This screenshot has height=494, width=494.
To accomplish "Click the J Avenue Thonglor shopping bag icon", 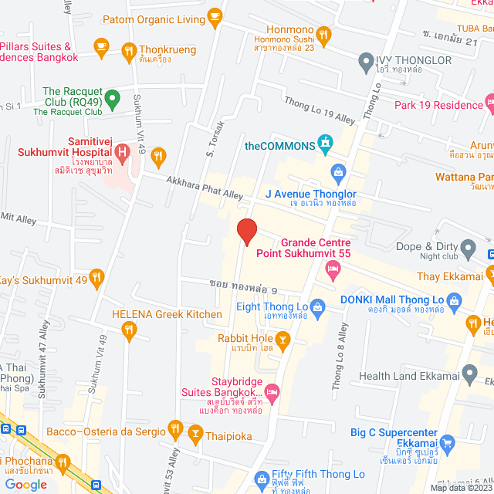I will click(337, 171).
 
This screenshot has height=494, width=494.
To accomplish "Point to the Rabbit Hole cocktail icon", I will click(283, 338).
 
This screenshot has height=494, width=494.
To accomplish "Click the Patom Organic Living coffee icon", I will click(215, 16).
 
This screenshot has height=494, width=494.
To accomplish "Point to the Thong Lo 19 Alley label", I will click(320, 110).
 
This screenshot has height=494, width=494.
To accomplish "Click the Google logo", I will click(25, 484).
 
